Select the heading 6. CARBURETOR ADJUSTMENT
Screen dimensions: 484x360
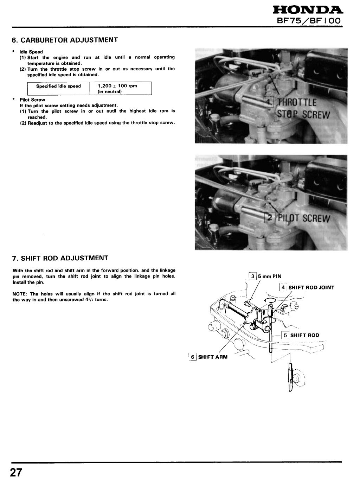tap(65, 40)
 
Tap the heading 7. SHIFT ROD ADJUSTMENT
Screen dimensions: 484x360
tap(60, 258)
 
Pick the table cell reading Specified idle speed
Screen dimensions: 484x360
tap(58, 86)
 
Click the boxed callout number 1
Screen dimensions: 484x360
tap(269, 103)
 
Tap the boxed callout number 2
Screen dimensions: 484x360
tap(269, 218)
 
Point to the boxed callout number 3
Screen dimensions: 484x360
tap(253, 276)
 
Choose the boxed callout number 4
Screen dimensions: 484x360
tap(283, 287)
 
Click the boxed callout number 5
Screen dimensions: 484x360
tap(285, 335)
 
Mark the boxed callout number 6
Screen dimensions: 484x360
tap(192, 357)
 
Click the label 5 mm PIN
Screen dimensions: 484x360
tap(270, 276)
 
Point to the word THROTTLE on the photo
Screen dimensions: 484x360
tap(297, 103)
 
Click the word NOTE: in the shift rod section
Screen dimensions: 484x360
tap(20, 294)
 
